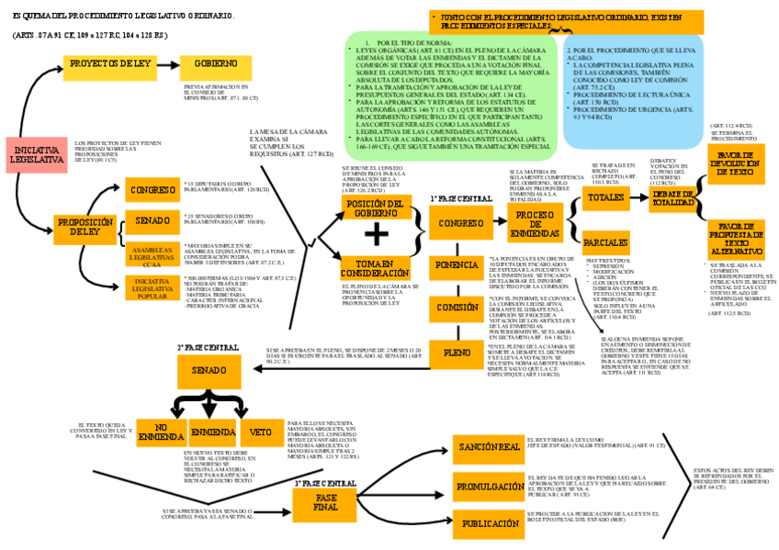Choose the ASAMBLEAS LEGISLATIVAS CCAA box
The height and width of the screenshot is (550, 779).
[151, 253]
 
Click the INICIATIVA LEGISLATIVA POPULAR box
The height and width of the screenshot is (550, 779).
[152, 288]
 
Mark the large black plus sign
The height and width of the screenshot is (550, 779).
[376, 235]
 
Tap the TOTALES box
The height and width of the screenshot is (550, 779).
[604, 197]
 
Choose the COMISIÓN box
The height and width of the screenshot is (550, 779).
[457, 309]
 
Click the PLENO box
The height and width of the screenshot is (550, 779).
[457, 352]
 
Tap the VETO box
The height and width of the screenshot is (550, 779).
[261, 431]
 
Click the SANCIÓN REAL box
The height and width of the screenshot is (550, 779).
[485, 447]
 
